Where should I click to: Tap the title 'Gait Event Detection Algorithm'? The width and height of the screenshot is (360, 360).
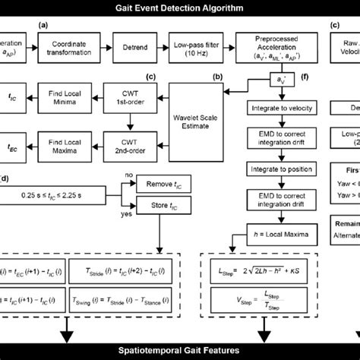pos(179,8)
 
